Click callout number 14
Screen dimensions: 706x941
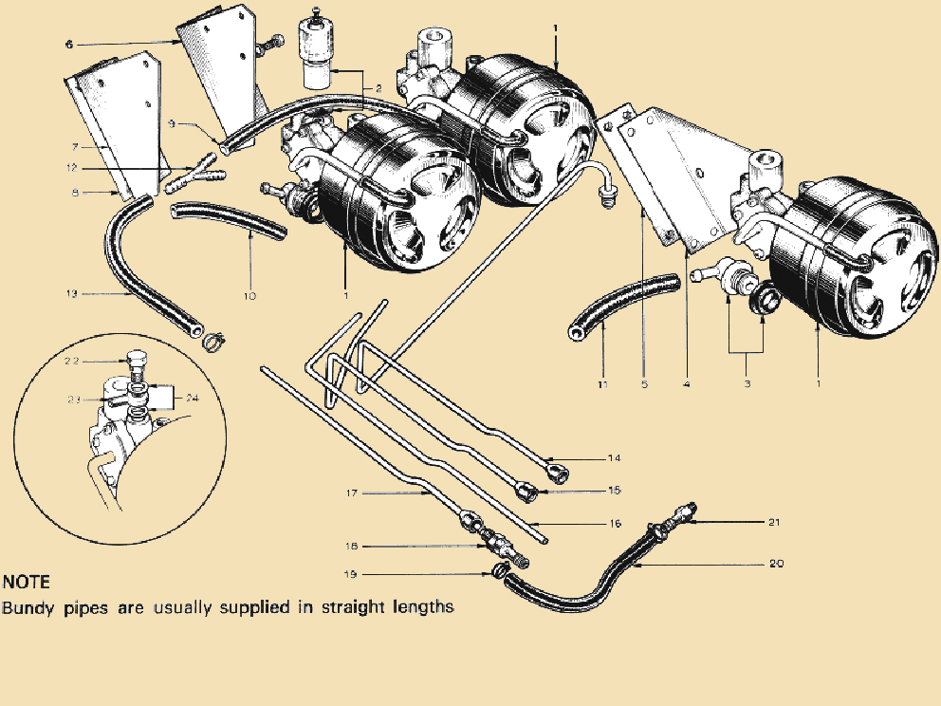(x=615, y=458)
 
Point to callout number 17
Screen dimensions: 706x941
(x=351, y=492)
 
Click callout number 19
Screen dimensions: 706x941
(x=351, y=574)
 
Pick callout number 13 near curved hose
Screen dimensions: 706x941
(x=72, y=294)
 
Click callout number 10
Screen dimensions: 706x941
(x=249, y=295)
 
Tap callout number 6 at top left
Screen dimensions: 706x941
(x=68, y=44)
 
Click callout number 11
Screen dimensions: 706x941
(x=602, y=384)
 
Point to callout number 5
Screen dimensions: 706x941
(x=643, y=384)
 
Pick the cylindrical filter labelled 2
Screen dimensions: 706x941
(x=313, y=47)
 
